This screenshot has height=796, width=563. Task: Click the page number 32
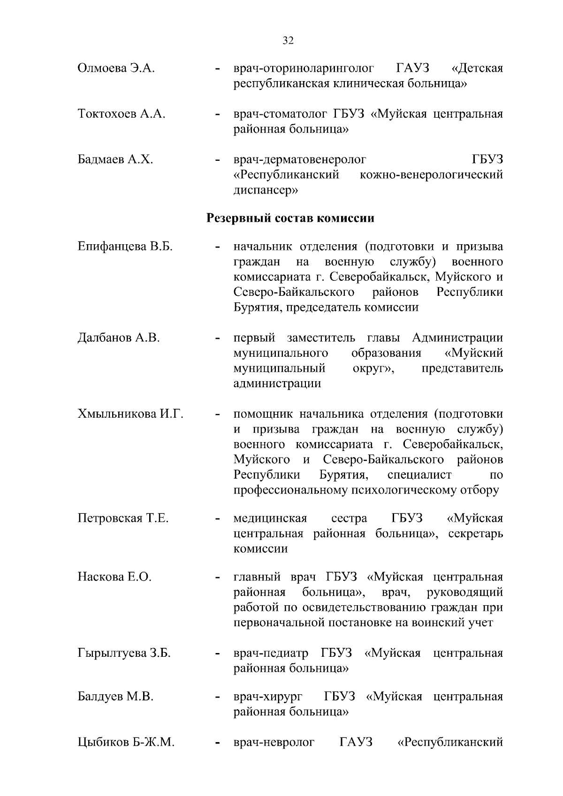[x=288, y=41]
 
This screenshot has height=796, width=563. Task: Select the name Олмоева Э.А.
[x=116, y=68]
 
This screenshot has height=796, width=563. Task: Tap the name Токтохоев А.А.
[x=121, y=114]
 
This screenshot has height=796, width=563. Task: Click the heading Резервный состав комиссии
[x=290, y=218]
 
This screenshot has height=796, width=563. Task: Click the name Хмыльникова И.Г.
[x=130, y=414]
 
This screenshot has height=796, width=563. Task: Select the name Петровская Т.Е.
[x=123, y=518]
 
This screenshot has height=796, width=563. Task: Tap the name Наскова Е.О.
[x=114, y=577]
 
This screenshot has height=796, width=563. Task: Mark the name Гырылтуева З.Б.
[x=124, y=653]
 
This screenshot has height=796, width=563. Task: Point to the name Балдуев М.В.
[x=115, y=697]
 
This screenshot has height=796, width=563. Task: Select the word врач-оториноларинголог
[x=304, y=68]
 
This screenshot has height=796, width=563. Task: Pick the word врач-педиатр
[x=271, y=653]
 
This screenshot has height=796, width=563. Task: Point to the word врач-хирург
[x=268, y=697]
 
